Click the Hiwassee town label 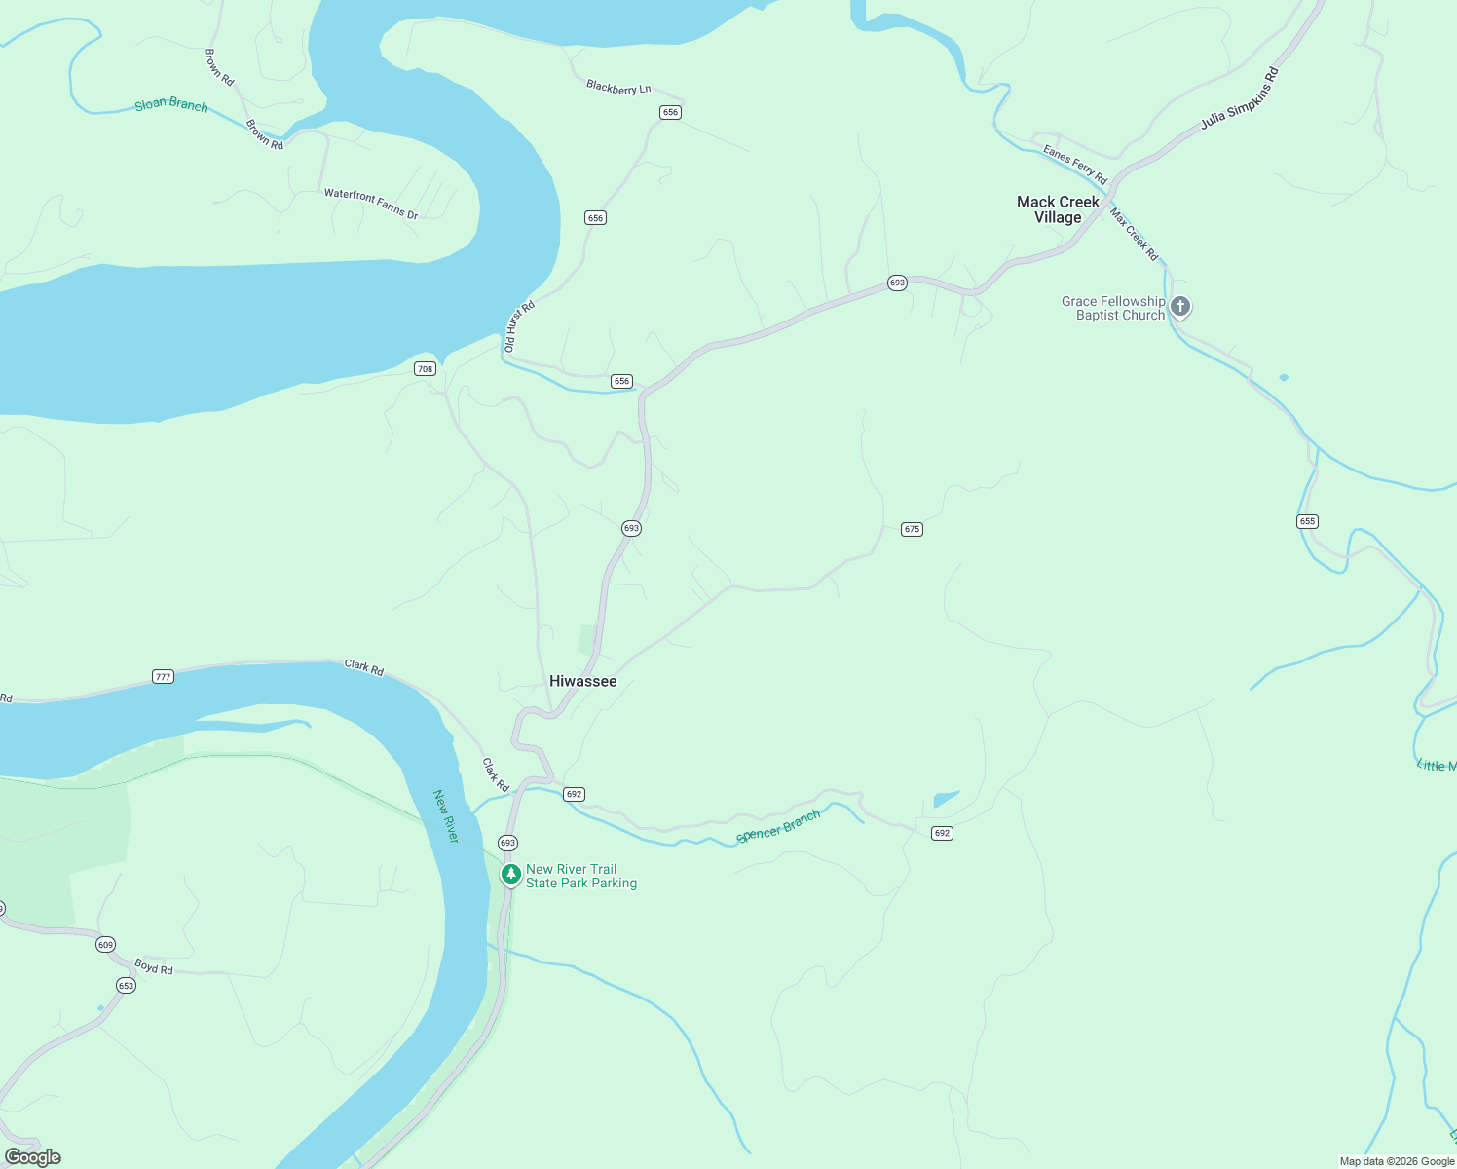(582, 681)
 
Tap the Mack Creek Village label (1058, 209)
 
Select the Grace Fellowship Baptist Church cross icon (1180, 307)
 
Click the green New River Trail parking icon (510, 874)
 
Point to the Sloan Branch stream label (171, 104)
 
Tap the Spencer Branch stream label (779, 826)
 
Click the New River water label (446, 816)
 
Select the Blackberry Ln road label (618, 88)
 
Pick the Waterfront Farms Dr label (371, 204)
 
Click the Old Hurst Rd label (519, 326)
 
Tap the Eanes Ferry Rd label (1075, 164)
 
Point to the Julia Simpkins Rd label (1239, 98)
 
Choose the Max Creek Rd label (1135, 235)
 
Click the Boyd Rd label (154, 966)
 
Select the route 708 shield (425, 368)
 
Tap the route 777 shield (163, 676)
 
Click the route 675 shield (912, 529)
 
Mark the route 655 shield (1307, 521)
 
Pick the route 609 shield (105, 944)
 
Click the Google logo (33, 1156)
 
